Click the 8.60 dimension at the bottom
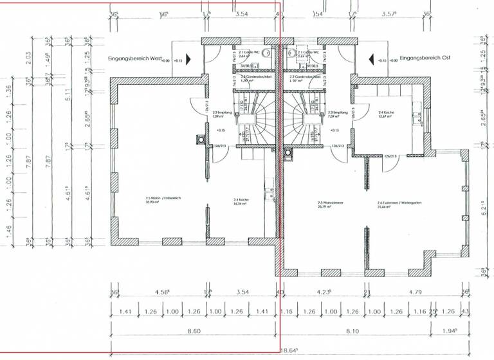193,330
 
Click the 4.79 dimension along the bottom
418,292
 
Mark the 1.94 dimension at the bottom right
471,330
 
